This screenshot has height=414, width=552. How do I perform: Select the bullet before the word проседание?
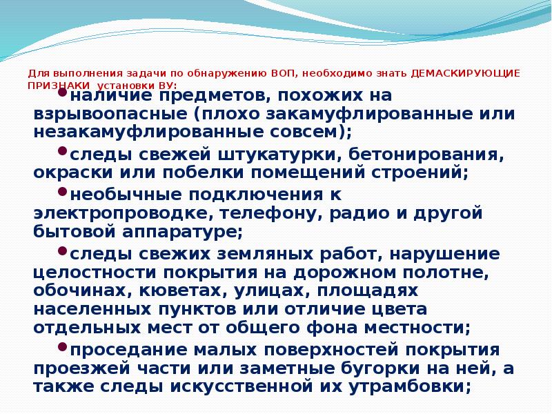[63, 347]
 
